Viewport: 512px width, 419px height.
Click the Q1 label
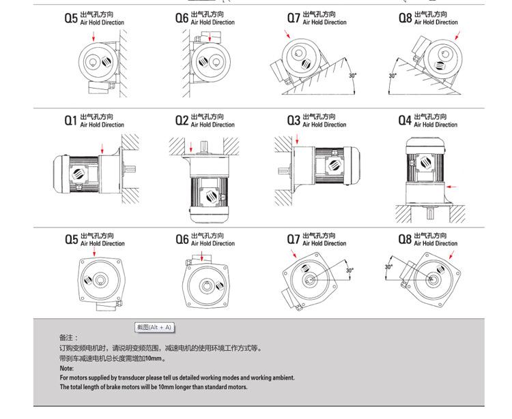(x=71, y=121)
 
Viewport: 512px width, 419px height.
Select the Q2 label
(x=182, y=121)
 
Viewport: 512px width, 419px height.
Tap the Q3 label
(x=294, y=121)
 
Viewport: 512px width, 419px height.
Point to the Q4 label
(x=405, y=121)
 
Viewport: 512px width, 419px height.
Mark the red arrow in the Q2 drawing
(x=193, y=145)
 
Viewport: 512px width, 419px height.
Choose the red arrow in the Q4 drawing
(x=451, y=186)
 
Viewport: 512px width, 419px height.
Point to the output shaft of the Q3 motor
(x=283, y=170)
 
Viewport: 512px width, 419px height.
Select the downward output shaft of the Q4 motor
(x=429, y=215)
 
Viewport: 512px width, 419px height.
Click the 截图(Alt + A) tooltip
(x=154, y=328)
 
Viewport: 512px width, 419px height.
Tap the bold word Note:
(x=66, y=369)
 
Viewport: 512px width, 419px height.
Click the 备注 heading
(x=68, y=337)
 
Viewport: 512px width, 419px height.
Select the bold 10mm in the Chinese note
(x=156, y=358)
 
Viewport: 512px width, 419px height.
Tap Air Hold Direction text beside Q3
(x=324, y=125)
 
